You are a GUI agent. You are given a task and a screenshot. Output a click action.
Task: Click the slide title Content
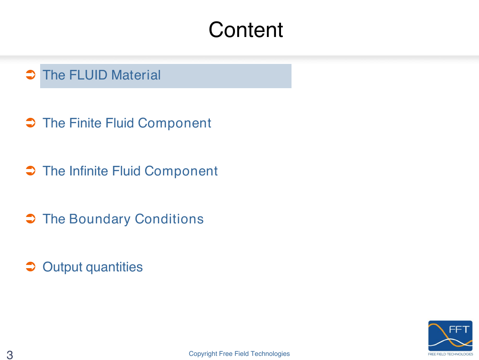point(245,30)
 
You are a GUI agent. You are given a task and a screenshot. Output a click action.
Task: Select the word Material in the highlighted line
point(136,75)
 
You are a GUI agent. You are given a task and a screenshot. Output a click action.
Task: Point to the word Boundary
point(100,219)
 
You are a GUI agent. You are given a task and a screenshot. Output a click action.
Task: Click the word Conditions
point(169,219)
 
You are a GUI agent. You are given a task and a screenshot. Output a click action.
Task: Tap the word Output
point(62,267)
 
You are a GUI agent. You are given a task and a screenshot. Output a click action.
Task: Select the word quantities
point(114,267)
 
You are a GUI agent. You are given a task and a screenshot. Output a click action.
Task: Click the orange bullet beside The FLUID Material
point(31,74)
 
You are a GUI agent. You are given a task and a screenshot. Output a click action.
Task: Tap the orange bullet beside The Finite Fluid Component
point(31,122)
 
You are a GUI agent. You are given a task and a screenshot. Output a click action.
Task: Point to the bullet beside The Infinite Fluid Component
point(31,171)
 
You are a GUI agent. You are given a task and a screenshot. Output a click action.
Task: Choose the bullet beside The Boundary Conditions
point(31,219)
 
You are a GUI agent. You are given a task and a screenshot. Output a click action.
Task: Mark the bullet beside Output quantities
point(31,267)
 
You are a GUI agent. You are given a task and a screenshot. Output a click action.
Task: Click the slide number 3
point(10,355)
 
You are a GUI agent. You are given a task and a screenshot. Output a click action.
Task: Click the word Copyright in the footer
point(203,354)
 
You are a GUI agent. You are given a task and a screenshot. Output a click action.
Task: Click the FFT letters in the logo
point(459,329)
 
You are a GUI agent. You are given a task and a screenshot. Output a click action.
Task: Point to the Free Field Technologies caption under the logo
point(451,354)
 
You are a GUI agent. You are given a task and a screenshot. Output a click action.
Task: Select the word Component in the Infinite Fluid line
point(181,171)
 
